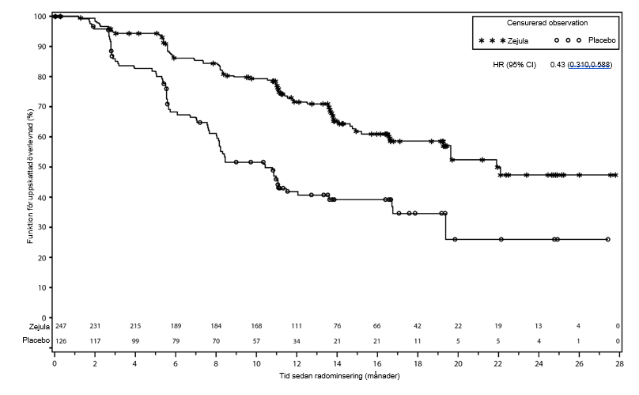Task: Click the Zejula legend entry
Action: click(517, 40)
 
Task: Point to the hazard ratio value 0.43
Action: click(557, 64)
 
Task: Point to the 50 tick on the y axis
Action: click(42, 167)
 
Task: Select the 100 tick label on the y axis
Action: click(40, 16)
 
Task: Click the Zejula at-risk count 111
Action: click(297, 326)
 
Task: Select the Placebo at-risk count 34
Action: click(297, 340)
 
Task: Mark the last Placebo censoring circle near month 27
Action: click(607, 239)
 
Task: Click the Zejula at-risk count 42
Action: click(418, 326)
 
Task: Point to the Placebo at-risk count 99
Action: click(135, 340)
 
